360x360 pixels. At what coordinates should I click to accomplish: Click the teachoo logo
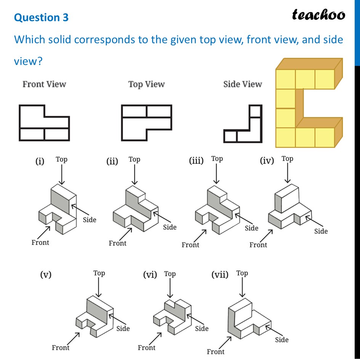(x=318, y=14)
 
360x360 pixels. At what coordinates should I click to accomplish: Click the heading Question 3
(x=42, y=18)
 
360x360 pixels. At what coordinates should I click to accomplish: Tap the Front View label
(x=44, y=84)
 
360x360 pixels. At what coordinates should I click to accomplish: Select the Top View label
(x=146, y=84)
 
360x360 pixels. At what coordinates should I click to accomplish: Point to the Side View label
(x=243, y=84)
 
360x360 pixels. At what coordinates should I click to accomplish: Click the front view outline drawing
(x=44, y=123)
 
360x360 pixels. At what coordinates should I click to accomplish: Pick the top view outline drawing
(x=146, y=123)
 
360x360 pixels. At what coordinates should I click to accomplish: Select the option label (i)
(x=40, y=162)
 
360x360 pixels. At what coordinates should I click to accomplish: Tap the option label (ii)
(x=112, y=162)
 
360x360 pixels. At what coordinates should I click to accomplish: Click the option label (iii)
(x=196, y=160)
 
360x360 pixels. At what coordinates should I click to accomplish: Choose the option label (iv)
(x=267, y=161)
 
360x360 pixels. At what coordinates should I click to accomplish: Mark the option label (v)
(x=46, y=274)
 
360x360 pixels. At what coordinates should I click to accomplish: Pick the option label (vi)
(x=150, y=274)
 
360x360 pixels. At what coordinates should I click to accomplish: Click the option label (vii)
(x=220, y=274)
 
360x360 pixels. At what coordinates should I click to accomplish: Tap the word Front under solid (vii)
(x=216, y=351)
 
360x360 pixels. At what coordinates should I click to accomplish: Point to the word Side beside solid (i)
(x=90, y=219)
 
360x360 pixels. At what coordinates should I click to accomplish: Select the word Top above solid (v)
(x=99, y=273)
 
